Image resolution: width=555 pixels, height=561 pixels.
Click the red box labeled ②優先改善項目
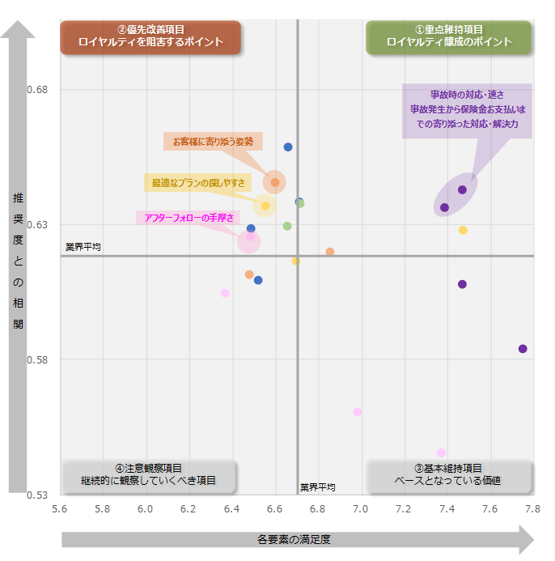(150, 36)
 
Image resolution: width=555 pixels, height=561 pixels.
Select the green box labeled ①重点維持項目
(449, 36)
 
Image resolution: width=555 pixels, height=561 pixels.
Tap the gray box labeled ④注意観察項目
(149, 475)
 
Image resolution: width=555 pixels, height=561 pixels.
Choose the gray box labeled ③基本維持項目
(448, 475)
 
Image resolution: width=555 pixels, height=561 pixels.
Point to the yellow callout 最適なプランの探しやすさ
(198, 183)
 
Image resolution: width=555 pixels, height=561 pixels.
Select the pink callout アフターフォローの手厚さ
(189, 218)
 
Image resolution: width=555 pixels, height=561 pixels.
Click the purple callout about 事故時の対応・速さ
(467, 110)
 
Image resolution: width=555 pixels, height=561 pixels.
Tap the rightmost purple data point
(523, 349)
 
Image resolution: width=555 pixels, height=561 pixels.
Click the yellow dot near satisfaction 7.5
(463, 231)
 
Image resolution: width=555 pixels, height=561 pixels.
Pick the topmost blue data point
(288, 147)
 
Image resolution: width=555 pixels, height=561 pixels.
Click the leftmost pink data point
(225, 293)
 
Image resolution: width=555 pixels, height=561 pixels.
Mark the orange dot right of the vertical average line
(330, 252)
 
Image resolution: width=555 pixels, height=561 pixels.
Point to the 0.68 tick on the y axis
(40, 89)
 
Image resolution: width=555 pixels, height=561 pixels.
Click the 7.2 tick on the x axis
(404, 509)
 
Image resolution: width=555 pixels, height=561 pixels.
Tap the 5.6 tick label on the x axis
(60, 509)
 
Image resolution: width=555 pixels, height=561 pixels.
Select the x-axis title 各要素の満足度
(294, 539)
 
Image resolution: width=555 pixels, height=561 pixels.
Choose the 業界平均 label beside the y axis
(83, 246)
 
